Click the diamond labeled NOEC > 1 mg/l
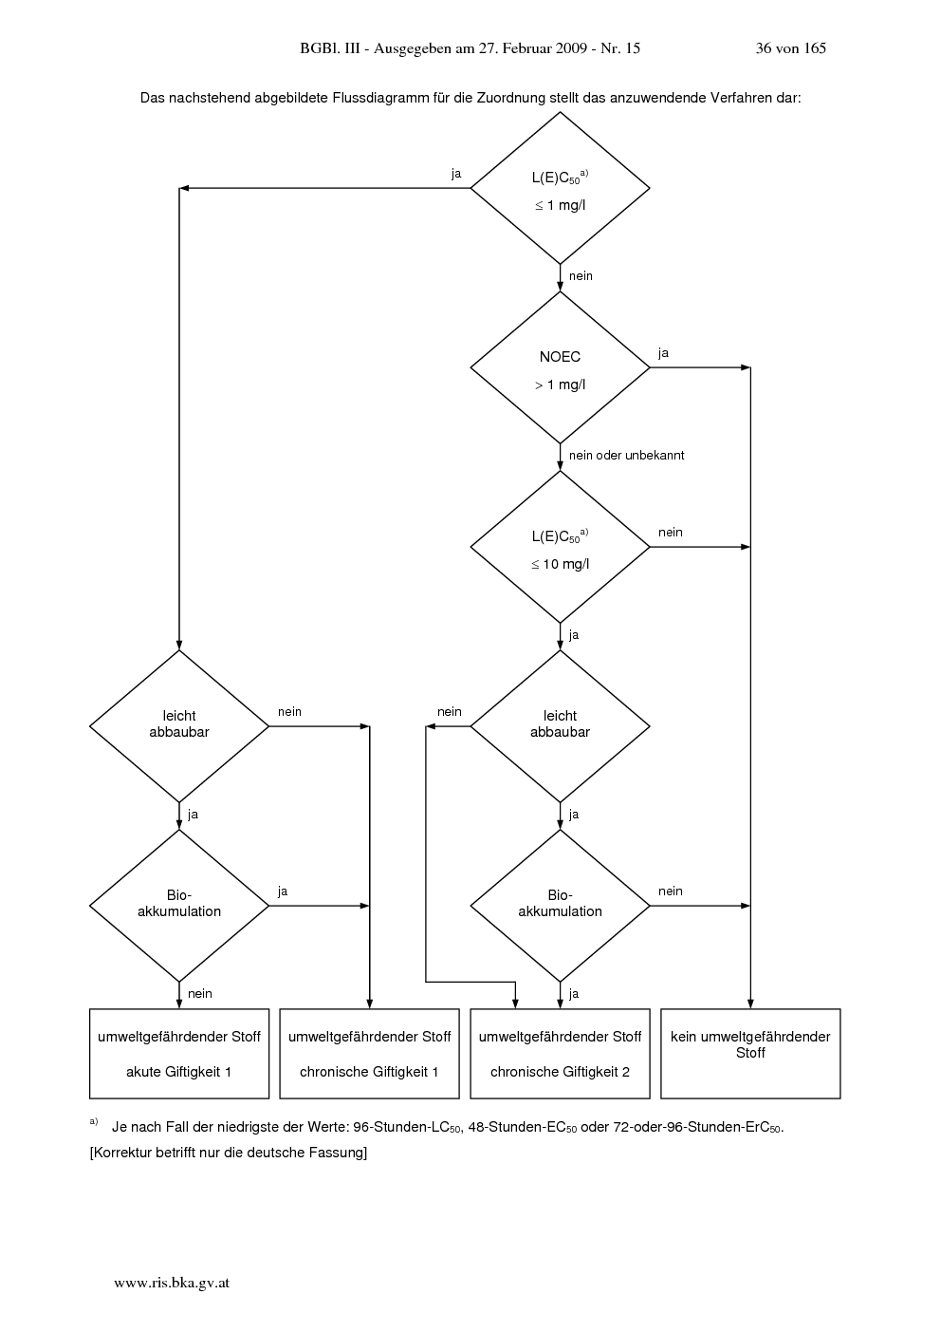[x=560, y=367]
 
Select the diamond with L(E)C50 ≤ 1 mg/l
[x=560, y=188]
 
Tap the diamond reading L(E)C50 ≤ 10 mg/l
[x=560, y=547]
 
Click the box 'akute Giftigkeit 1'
[x=179, y=1054]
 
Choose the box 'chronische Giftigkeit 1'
[x=370, y=1054]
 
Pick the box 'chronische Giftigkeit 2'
[x=560, y=1054]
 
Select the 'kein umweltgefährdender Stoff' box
[x=750, y=1054]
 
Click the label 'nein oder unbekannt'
[x=627, y=456]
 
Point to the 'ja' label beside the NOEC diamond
[x=664, y=353]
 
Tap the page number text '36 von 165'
[x=791, y=48]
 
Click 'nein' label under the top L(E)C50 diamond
[x=581, y=276]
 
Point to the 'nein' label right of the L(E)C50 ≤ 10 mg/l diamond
[x=670, y=533]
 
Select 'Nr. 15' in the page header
[x=620, y=48]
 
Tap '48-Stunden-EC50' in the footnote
[x=522, y=1127]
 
